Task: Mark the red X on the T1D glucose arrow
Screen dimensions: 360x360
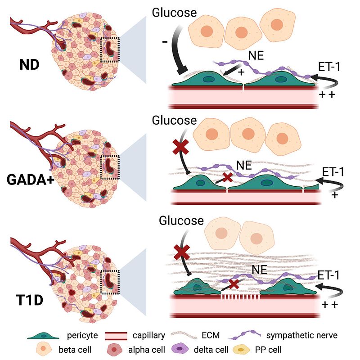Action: pyautogui.click(x=181, y=250)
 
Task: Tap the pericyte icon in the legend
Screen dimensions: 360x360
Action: pyautogui.click(x=44, y=335)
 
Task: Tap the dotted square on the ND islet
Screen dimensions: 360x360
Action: pyautogui.click(x=109, y=50)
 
